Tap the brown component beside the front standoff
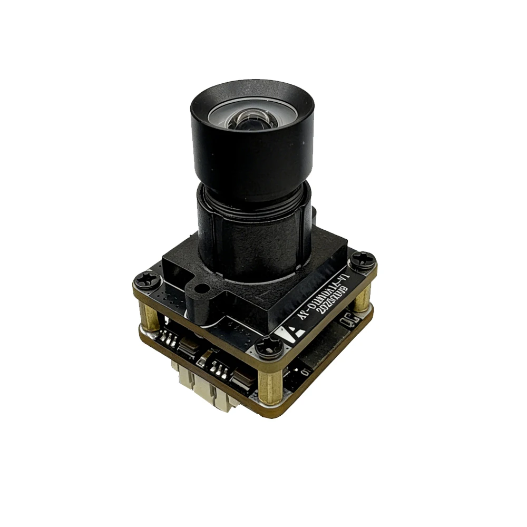(242, 377)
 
